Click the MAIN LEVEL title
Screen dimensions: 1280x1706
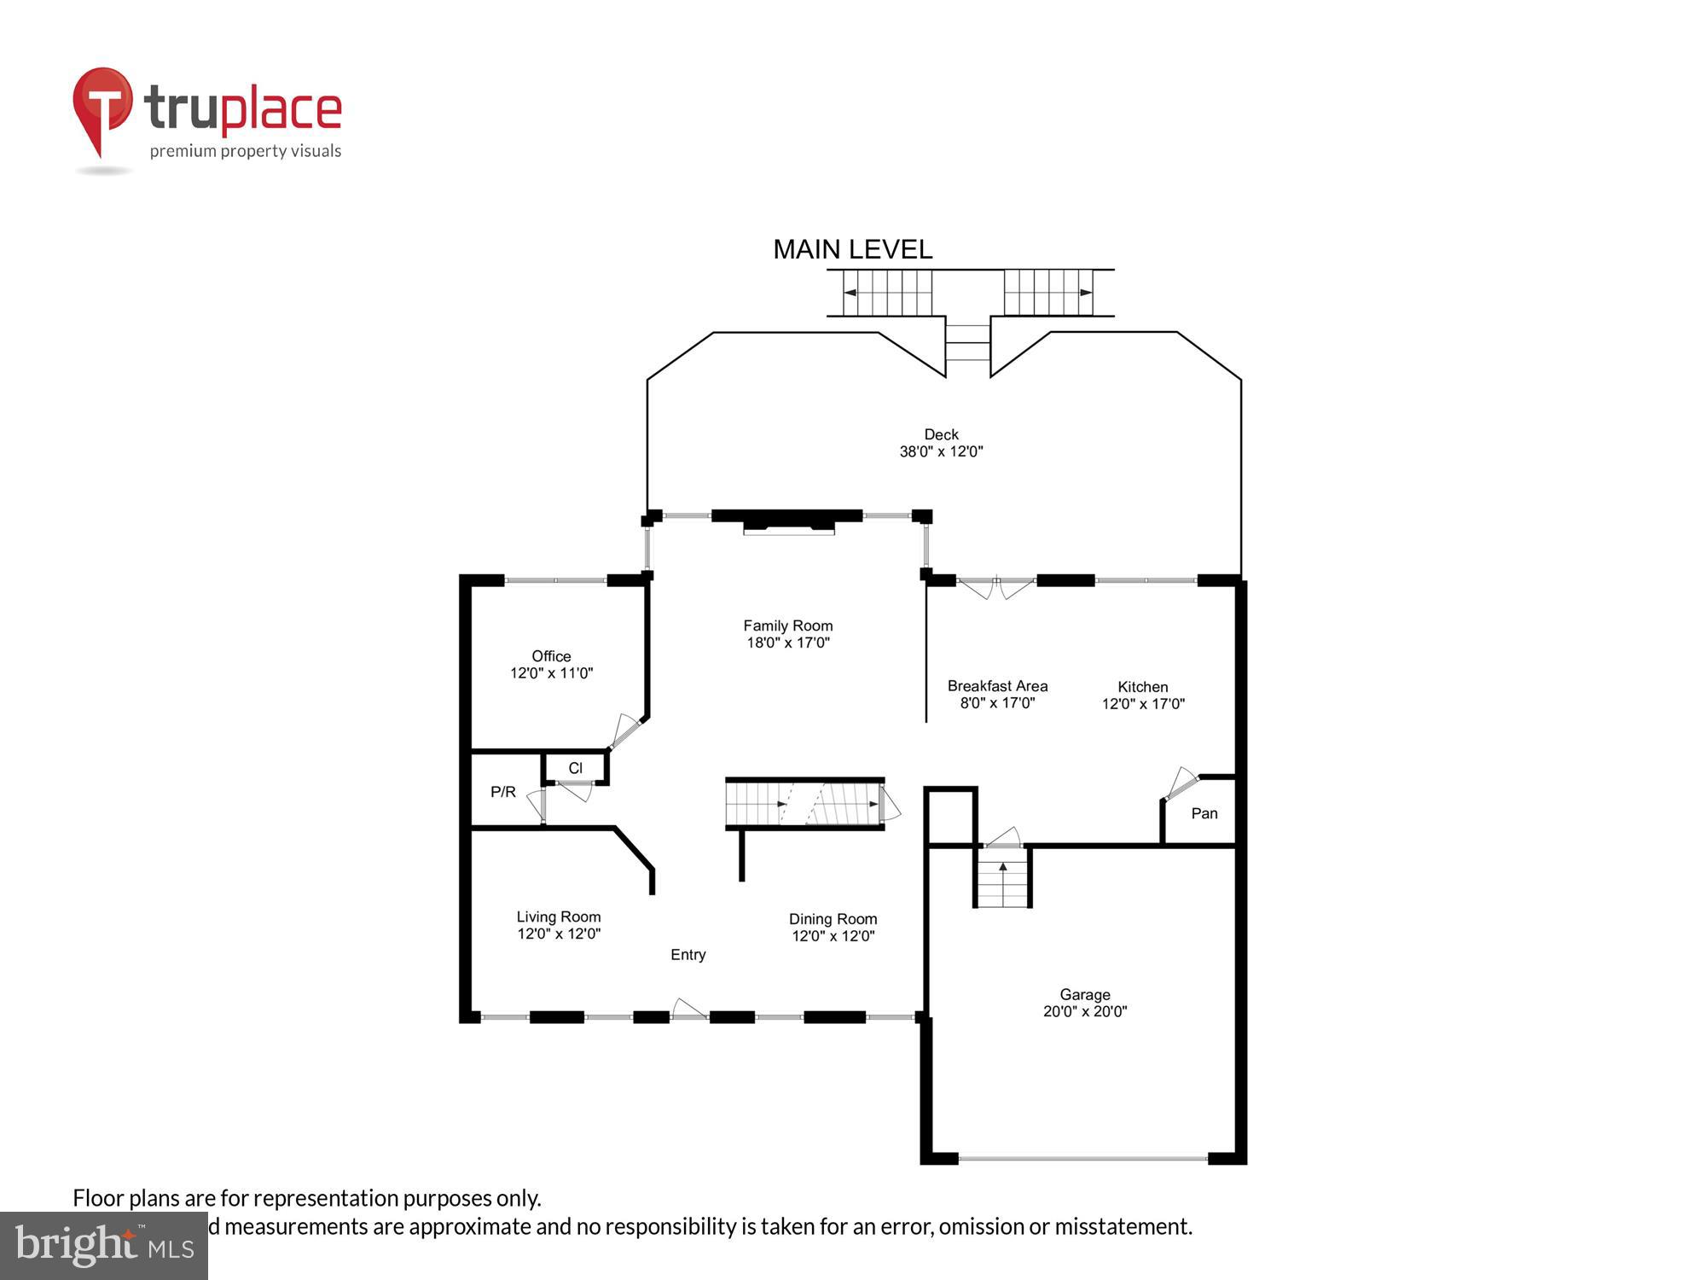852,249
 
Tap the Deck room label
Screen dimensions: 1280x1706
941,434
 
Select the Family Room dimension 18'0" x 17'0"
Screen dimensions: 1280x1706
787,643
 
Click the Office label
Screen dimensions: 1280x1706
551,656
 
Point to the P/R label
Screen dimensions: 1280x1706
503,792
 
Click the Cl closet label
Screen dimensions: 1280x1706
575,768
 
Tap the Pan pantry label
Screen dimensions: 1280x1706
1204,813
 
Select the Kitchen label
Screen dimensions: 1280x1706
1142,687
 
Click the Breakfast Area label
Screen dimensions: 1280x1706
997,686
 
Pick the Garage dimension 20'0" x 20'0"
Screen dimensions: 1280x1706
1084,1011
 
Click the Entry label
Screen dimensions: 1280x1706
688,955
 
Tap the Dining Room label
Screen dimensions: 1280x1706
833,919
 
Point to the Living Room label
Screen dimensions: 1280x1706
558,917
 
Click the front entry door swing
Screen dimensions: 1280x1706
689,1009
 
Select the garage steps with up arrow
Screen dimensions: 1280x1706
1003,884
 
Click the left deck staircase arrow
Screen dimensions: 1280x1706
850,293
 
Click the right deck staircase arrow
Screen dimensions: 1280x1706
1086,293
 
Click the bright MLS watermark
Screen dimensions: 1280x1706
104,1246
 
